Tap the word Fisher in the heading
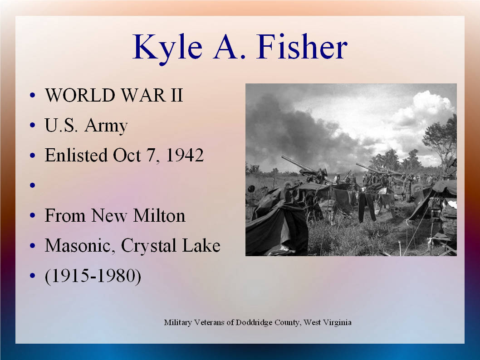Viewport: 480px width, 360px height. (303, 47)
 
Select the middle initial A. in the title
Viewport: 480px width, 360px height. (230, 47)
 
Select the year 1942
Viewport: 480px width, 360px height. (185, 155)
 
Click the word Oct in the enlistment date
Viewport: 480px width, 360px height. (127, 156)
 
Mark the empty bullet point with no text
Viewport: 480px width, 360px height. (33, 185)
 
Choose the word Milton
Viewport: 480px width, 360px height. (159, 216)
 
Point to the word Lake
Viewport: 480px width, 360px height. (201, 245)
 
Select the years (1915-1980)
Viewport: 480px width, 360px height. (93, 276)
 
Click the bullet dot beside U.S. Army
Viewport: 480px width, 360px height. (33, 125)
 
